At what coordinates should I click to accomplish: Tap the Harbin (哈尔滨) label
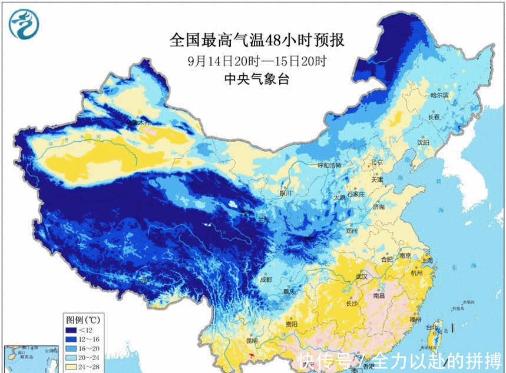coord(439,95)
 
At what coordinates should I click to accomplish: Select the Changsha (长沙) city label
coord(352,304)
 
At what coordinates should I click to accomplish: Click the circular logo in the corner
coord(24,24)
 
